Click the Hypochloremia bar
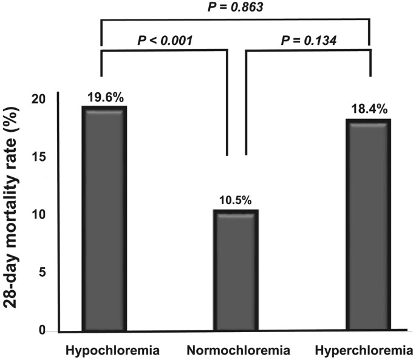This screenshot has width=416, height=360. click(104, 219)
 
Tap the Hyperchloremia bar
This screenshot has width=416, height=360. click(369, 225)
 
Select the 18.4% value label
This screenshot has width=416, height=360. click(369, 110)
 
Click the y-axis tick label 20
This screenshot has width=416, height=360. click(41, 99)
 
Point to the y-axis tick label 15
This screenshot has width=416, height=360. click(41, 157)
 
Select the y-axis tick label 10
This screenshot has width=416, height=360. click(41, 215)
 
